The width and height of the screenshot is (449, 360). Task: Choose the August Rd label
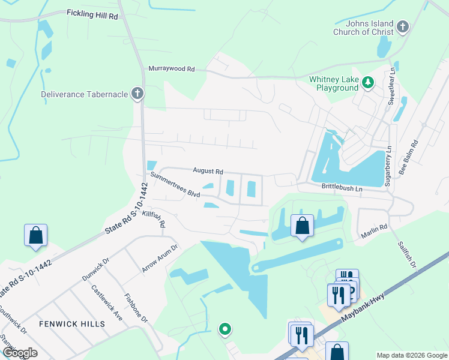(x=208, y=171)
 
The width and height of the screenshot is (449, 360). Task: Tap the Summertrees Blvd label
(x=175, y=185)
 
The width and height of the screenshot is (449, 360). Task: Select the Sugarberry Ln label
(x=388, y=166)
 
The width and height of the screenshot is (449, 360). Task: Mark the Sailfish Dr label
(x=407, y=255)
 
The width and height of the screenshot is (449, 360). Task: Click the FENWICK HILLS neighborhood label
(x=72, y=324)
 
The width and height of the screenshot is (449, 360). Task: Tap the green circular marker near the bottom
(x=225, y=329)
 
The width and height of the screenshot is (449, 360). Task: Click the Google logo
(x=19, y=353)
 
